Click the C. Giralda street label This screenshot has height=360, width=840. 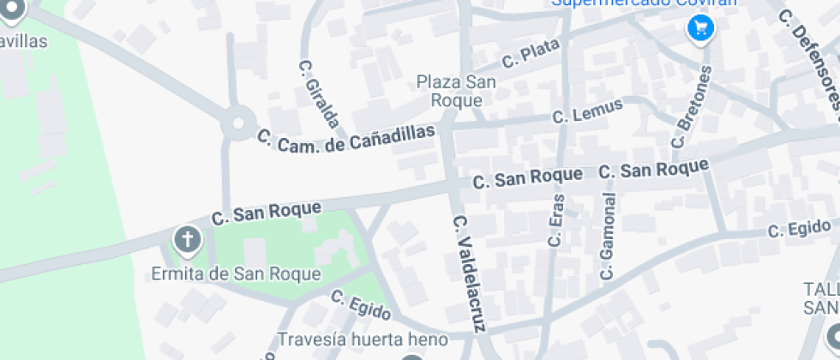tap(320, 93)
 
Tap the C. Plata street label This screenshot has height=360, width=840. tap(531, 56)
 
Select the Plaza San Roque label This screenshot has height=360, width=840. tap(450, 91)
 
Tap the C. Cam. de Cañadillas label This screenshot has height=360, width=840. tap(345, 141)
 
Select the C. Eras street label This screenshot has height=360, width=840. tap(557, 220)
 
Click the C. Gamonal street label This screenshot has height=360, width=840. tap(609, 237)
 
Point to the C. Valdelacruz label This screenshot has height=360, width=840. tap(469, 273)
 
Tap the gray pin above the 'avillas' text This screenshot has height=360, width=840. tap(15, 9)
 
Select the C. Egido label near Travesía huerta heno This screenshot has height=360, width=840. tap(361, 305)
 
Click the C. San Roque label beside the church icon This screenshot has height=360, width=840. tap(267, 212)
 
